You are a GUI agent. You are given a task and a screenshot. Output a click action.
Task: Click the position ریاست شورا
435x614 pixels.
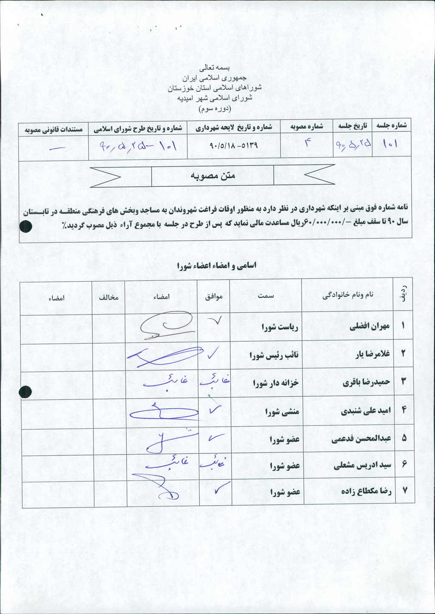(x=280, y=327)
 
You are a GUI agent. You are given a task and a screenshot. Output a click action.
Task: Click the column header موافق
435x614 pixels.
(x=214, y=297)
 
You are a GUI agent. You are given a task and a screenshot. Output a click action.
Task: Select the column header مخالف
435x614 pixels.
(x=109, y=297)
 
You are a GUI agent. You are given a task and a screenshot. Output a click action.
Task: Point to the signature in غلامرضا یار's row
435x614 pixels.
(x=166, y=356)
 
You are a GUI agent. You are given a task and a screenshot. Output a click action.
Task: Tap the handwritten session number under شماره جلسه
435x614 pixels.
(x=390, y=144)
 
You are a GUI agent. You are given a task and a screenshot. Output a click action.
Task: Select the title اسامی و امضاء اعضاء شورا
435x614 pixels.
(x=217, y=266)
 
